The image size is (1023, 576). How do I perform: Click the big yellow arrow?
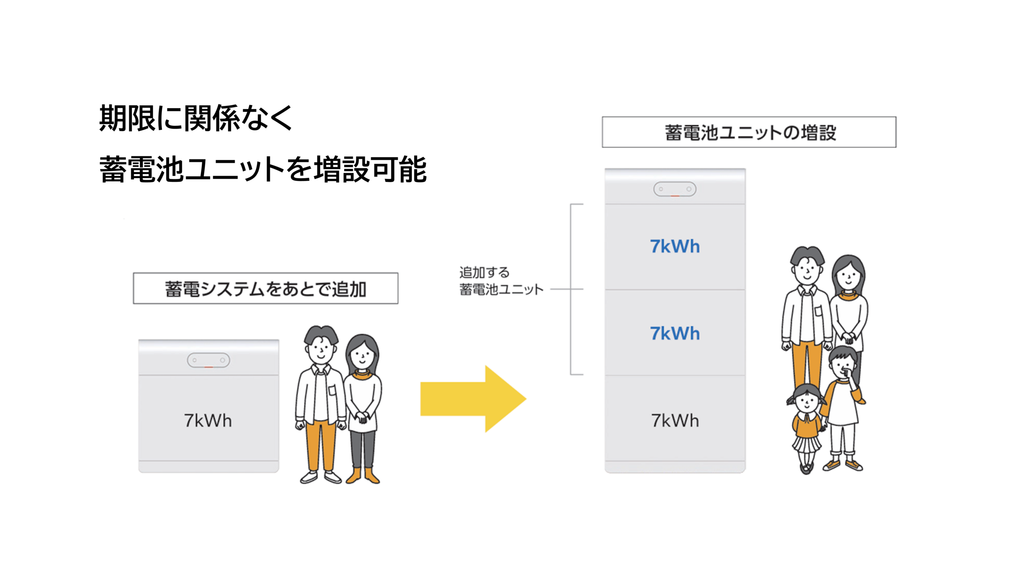click(472, 399)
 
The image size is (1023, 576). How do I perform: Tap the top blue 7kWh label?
click(675, 246)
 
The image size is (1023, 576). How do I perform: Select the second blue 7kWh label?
click(675, 333)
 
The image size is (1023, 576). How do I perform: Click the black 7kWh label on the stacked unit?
click(675, 421)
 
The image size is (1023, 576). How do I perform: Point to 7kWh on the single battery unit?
click(208, 421)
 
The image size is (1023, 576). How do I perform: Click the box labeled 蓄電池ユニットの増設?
click(749, 132)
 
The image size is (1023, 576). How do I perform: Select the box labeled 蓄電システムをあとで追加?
click(265, 289)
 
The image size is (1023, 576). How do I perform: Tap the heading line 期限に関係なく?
click(196, 118)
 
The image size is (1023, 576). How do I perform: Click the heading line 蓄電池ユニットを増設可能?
click(263, 169)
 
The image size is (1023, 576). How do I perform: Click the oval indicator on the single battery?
click(208, 360)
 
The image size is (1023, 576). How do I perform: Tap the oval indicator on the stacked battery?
click(675, 189)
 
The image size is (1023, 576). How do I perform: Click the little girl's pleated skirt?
click(806, 444)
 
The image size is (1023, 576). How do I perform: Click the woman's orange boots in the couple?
click(363, 476)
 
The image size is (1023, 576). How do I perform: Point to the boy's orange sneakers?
click(843, 465)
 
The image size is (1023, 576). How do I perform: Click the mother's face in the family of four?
click(848, 276)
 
